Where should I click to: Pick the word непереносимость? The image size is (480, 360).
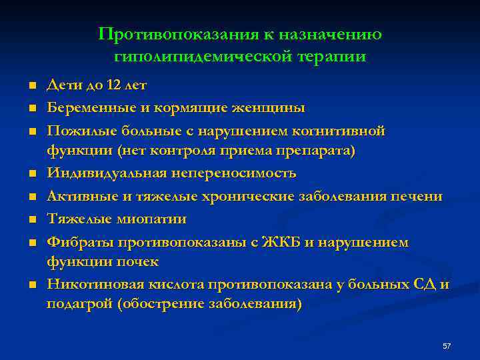point(234,173)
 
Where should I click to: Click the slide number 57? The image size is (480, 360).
point(447,346)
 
